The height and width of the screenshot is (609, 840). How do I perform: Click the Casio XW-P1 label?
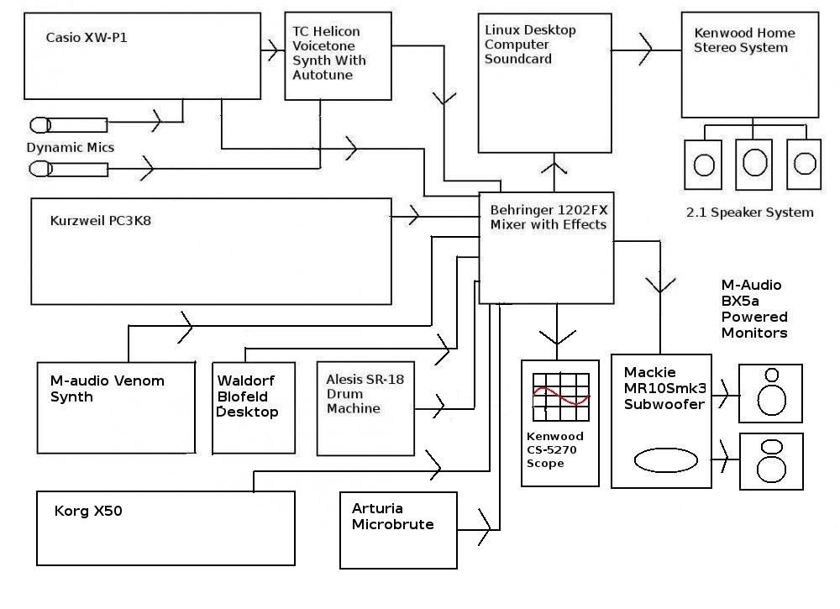tap(81, 38)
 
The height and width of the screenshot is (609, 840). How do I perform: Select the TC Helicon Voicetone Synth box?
tap(337, 56)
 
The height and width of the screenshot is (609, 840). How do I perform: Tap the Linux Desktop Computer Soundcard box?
tap(544, 82)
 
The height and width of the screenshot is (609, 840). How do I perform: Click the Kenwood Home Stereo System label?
tap(744, 40)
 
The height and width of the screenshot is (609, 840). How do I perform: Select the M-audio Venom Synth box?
tap(116, 407)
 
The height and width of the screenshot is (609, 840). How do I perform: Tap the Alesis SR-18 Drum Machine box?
tap(366, 408)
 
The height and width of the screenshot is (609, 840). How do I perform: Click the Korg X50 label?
tap(88, 510)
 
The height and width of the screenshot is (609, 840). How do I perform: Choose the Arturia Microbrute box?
tap(399, 529)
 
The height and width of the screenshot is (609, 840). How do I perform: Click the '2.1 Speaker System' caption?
tap(749, 213)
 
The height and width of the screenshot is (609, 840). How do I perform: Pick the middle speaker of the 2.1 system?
tap(753, 163)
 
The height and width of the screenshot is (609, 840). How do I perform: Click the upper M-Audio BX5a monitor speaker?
tap(770, 393)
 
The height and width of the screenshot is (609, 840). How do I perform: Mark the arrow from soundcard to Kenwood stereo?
tap(645, 51)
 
